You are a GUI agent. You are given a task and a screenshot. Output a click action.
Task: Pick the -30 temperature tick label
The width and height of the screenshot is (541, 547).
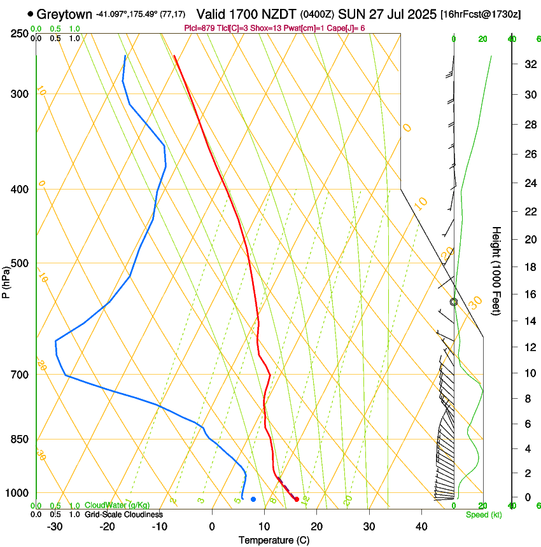point(55,526)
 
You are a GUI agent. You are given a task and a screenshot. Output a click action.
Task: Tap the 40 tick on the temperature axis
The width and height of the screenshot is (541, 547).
point(421,526)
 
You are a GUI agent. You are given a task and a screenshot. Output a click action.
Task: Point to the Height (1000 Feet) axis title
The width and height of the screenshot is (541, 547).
point(497,270)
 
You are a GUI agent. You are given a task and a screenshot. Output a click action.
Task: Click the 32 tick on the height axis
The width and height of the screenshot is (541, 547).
point(528,64)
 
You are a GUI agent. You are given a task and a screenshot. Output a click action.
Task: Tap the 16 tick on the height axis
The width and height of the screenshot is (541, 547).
point(528,294)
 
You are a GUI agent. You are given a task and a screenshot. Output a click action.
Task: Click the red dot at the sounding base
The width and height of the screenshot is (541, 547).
point(297,499)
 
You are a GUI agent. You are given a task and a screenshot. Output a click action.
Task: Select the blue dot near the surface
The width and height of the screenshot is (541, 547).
point(253,499)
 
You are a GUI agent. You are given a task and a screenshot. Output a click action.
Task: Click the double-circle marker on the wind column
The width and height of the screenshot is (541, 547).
point(454,302)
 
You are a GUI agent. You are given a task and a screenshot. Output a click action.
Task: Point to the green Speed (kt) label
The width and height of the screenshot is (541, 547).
point(483,515)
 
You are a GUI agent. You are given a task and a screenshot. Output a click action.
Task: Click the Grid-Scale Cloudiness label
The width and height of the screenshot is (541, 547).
point(123,515)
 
